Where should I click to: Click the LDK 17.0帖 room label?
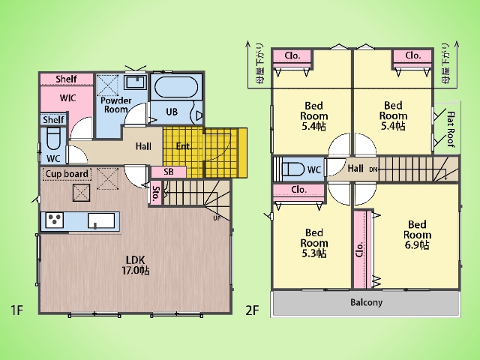[x=136, y=265]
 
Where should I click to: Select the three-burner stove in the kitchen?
[x=55, y=220]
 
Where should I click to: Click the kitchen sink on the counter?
[x=101, y=220]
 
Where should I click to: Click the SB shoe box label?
[x=169, y=172]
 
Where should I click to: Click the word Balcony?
[x=367, y=302]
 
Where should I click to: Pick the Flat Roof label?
[x=451, y=129]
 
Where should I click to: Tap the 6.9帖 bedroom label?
[x=417, y=235]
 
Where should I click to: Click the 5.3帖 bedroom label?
[x=313, y=243]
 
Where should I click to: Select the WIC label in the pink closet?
[x=68, y=98]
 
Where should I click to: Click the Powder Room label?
[x=116, y=105]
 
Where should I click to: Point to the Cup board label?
[x=67, y=174]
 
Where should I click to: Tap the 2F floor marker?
[x=252, y=310]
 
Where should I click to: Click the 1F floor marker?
[x=17, y=310]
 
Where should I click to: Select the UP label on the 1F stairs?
[x=217, y=218]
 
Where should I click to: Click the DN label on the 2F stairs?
[x=373, y=169]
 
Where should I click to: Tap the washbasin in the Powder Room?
[x=135, y=82]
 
